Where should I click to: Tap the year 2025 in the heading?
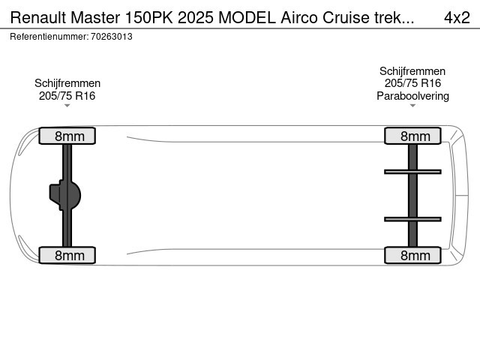tap(195, 17)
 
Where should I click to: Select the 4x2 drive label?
tap(457, 17)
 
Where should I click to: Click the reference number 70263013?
tap(112, 37)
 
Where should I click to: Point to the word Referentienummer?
tap(49, 37)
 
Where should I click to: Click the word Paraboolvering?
tap(412, 96)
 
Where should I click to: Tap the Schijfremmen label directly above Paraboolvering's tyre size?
tap(412, 71)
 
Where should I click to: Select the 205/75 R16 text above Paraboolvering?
tap(412, 83)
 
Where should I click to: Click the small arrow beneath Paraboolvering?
tap(412, 106)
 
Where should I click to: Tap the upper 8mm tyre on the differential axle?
tap(67, 136)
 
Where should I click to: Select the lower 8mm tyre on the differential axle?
tap(67, 255)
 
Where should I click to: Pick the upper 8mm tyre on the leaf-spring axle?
tap(412, 136)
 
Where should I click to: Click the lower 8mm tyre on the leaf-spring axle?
tap(412, 255)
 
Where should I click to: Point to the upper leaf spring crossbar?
tap(412, 172)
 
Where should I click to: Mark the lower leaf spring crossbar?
tap(412, 219)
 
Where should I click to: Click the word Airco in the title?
tap(299, 17)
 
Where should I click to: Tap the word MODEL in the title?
tap(247, 17)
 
